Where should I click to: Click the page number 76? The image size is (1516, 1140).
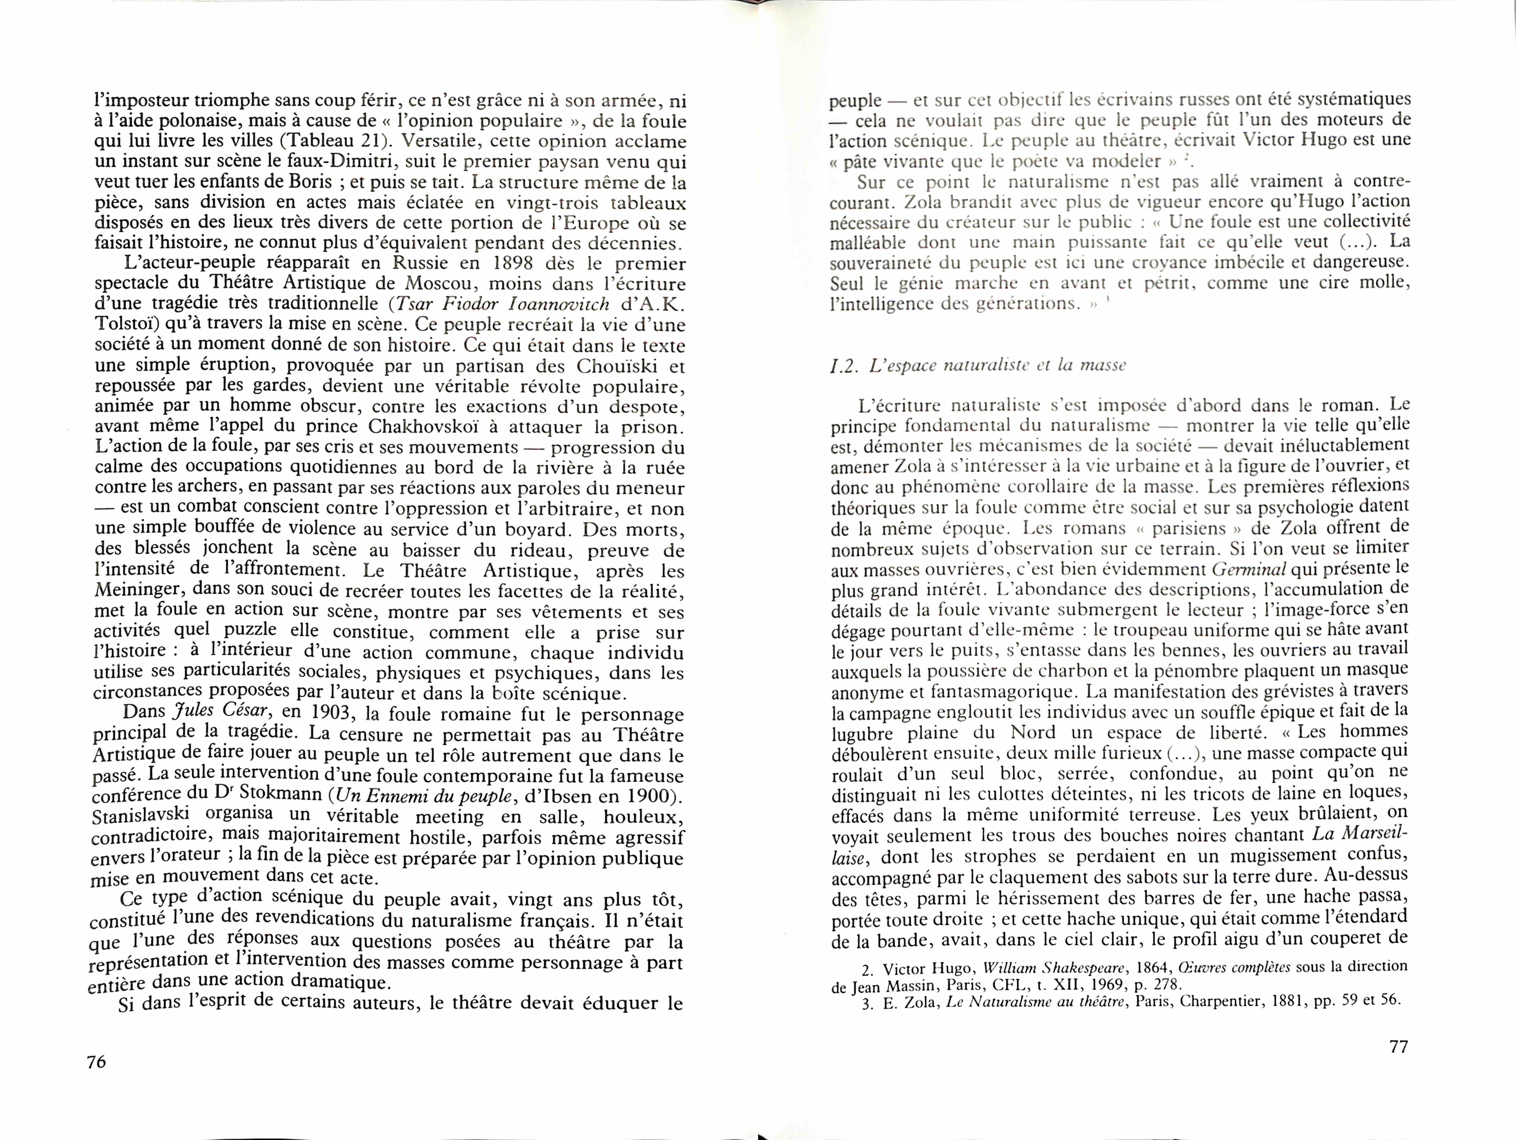click(x=97, y=1061)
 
